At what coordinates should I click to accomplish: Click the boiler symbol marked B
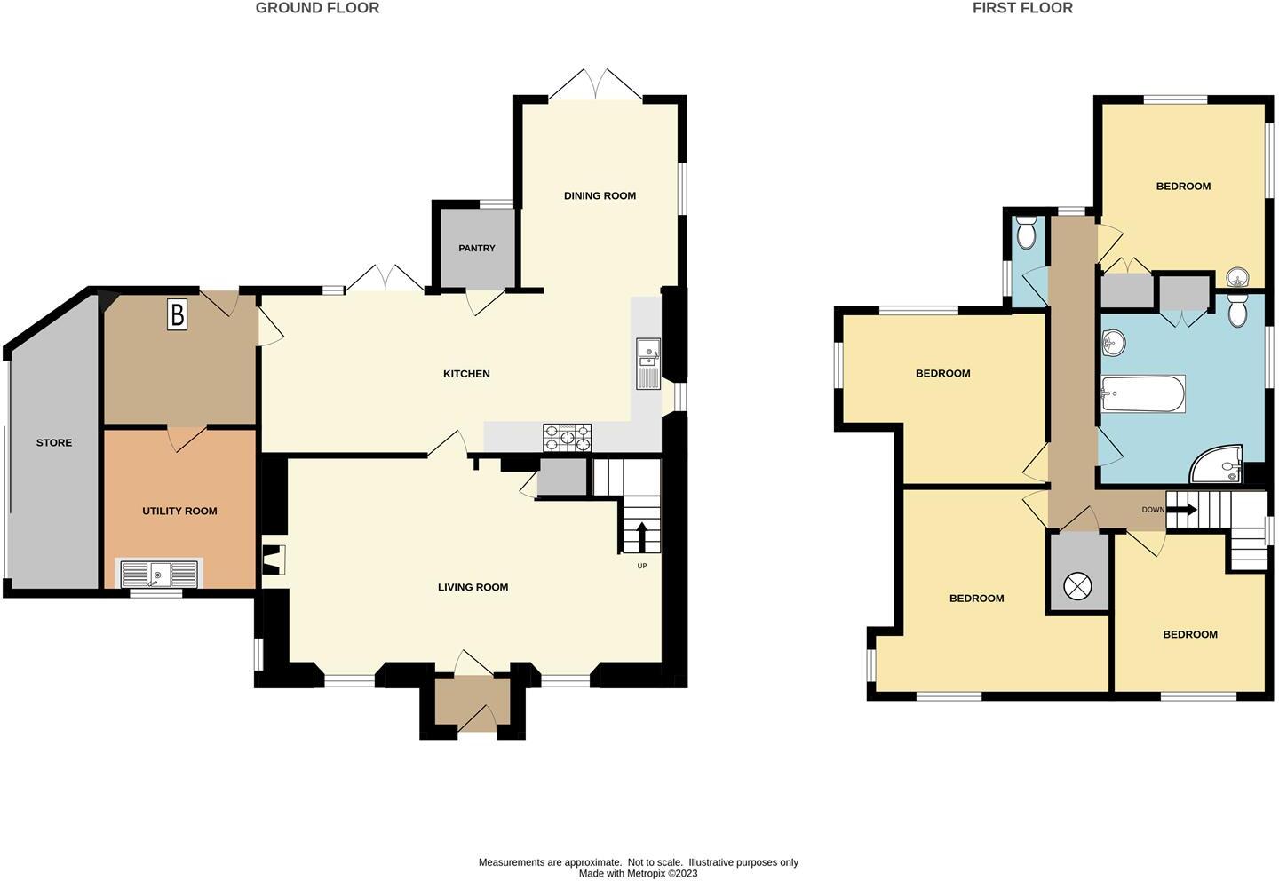tap(177, 315)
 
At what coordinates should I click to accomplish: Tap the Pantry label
tap(477, 249)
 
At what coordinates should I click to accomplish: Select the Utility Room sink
tap(159, 575)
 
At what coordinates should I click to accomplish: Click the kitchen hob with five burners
tap(568, 438)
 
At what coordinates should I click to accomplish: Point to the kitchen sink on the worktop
tap(647, 364)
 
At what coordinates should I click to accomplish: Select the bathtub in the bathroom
tap(1143, 393)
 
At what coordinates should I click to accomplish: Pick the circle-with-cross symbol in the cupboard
tap(1079, 585)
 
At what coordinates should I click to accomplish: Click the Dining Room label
tap(600, 196)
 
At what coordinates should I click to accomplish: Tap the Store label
tap(54, 443)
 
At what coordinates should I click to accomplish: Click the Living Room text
tap(473, 587)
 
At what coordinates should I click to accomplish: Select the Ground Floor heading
tap(317, 8)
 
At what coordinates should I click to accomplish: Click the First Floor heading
tap(1022, 8)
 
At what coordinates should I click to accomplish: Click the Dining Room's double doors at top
tap(597, 85)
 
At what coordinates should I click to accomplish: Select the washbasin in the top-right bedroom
tap(1237, 278)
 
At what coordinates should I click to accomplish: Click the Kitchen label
tap(466, 374)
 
